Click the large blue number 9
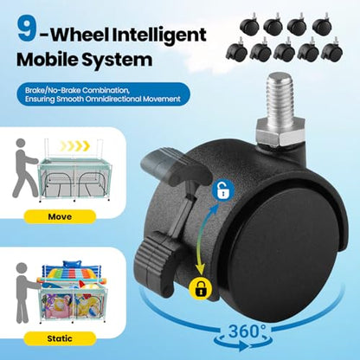[x=28, y=29]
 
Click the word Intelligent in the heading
[x=159, y=35]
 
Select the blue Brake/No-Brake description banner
[x=103, y=94]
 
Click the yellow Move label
[x=60, y=216]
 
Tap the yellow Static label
[x=60, y=338]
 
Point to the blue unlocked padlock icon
[x=222, y=191]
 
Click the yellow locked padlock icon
[x=200, y=288]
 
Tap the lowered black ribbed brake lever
[x=157, y=259]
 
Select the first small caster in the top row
[x=249, y=25]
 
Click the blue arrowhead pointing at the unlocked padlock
[x=215, y=209]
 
